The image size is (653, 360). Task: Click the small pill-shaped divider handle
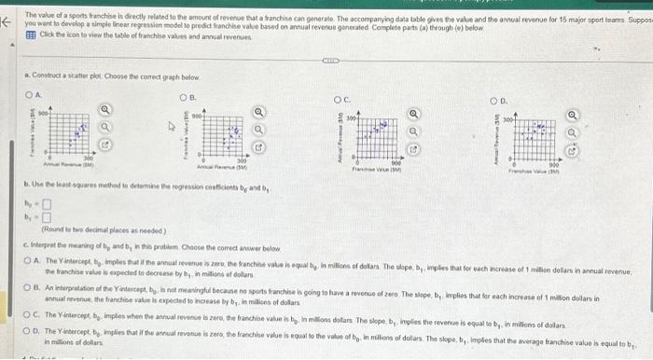329,64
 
